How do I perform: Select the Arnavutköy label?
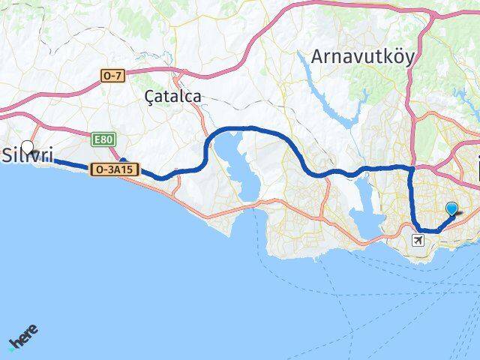362,57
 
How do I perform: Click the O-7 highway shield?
112,76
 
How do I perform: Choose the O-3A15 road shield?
115,170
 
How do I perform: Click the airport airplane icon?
418,241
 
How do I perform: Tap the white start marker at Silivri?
28,147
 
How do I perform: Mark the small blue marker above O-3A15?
124,161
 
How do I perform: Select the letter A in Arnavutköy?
318,58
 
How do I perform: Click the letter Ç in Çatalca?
148,96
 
